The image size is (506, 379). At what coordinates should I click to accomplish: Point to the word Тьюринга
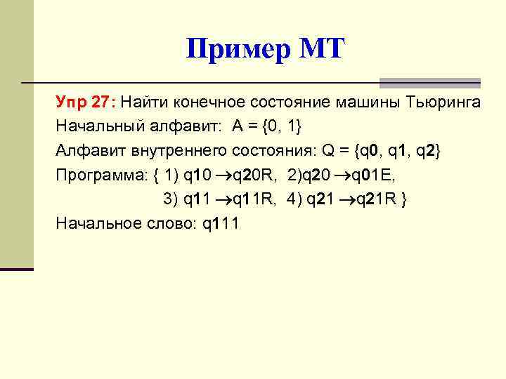(443, 103)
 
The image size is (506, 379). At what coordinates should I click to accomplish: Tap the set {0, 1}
(289, 127)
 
